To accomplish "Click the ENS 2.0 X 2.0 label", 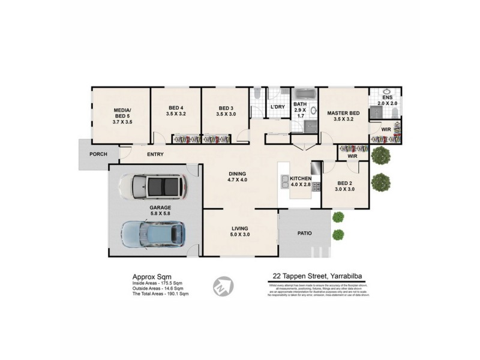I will coord(388,100).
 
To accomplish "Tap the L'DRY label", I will coord(277,107).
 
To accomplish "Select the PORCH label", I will coord(98,154).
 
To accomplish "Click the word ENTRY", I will coord(155,155).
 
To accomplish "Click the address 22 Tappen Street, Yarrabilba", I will coord(317,277).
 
